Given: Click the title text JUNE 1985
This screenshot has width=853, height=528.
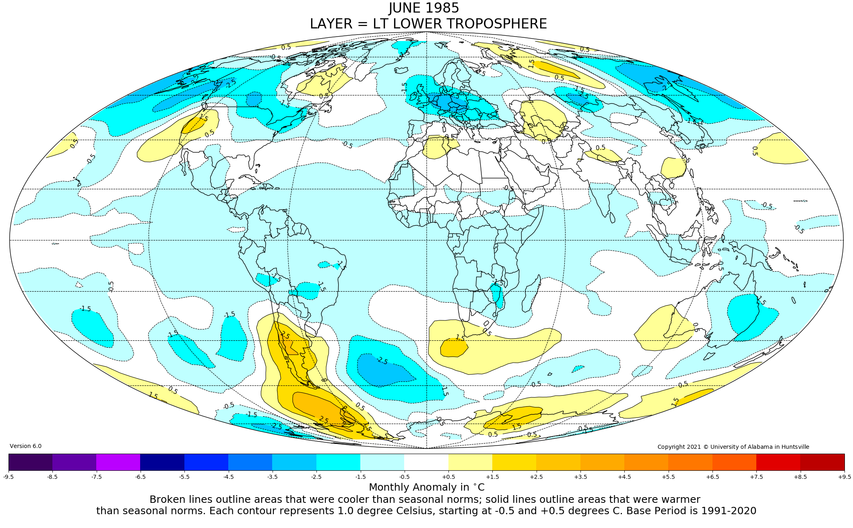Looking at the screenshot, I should tap(424, 8).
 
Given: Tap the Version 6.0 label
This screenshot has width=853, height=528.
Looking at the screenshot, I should tap(26, 446).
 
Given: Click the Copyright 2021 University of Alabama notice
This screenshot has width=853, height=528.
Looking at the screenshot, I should tap(733, 447).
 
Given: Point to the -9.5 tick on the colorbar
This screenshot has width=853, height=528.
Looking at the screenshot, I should tap(9, 477).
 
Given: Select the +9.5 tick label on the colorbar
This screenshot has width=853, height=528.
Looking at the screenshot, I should tap(844, 477).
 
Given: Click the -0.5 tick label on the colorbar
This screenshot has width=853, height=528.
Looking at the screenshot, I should tap(405, 477).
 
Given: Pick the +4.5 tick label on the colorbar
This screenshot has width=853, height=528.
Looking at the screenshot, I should tap(624, 477).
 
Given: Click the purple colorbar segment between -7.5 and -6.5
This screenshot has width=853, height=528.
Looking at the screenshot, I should tap(118, 462).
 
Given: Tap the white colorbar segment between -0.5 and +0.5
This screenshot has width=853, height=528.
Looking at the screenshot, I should tap(426, 462).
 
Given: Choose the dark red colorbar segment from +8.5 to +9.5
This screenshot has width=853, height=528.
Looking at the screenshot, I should tap(822, 462).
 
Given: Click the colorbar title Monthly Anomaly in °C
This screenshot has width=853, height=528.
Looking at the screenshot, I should tap(426, 487).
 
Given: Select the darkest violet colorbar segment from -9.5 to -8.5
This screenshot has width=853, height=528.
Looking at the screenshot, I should tap(30, 462).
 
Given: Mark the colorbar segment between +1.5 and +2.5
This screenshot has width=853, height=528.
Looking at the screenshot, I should tap(514, 462).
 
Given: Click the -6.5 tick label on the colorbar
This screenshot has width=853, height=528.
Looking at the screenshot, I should tap(140, 477).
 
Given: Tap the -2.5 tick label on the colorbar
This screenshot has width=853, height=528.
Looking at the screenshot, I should tap(316, 477).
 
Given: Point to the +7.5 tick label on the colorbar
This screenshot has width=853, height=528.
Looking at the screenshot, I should tap(756, 477).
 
